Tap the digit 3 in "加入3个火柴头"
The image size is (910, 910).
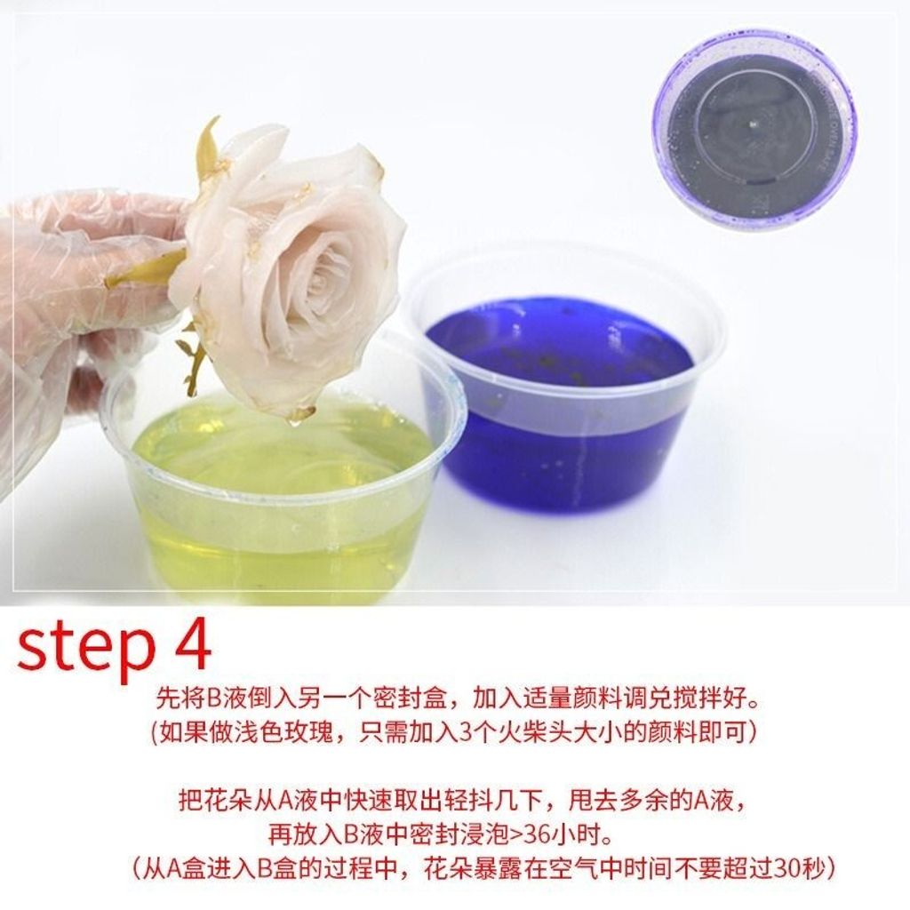(x=465, y=733)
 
